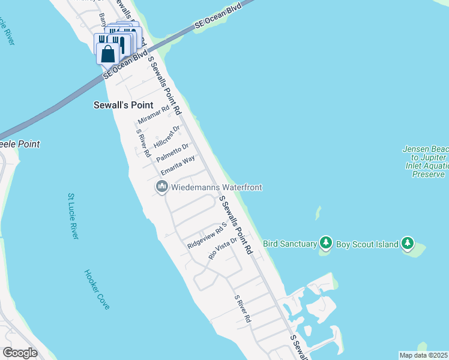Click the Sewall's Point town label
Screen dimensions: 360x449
pyautogui.click(x=124, y=104)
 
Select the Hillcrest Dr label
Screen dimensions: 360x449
pyautogui.click(x=167, y=137)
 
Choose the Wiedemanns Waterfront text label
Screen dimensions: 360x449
pyautogui.click(x=217, y=187)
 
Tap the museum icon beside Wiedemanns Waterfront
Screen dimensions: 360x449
pyautogui.click(x=161, y=187)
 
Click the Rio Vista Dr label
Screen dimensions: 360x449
pyautogui.click(x=219, y=247)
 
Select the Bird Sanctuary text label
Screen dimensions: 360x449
pyautogui.click(x=290, y=244)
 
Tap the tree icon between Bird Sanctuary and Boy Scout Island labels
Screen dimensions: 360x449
pyautogui.click(x=326, y=243)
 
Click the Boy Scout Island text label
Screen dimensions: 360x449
pyautogui.click(x=367, y=244)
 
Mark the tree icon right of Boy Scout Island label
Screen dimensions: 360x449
pyautogui.click(x=408, y=243)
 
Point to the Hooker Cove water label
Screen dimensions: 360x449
pyautogui.click(x=97, y=289)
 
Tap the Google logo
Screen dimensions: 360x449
pyautogui.click(x=20, y=353)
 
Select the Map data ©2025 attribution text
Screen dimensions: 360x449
pyautogui.click(x=423, y=355)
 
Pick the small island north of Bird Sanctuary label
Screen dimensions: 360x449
pyautogui.click(x=318, y=212)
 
